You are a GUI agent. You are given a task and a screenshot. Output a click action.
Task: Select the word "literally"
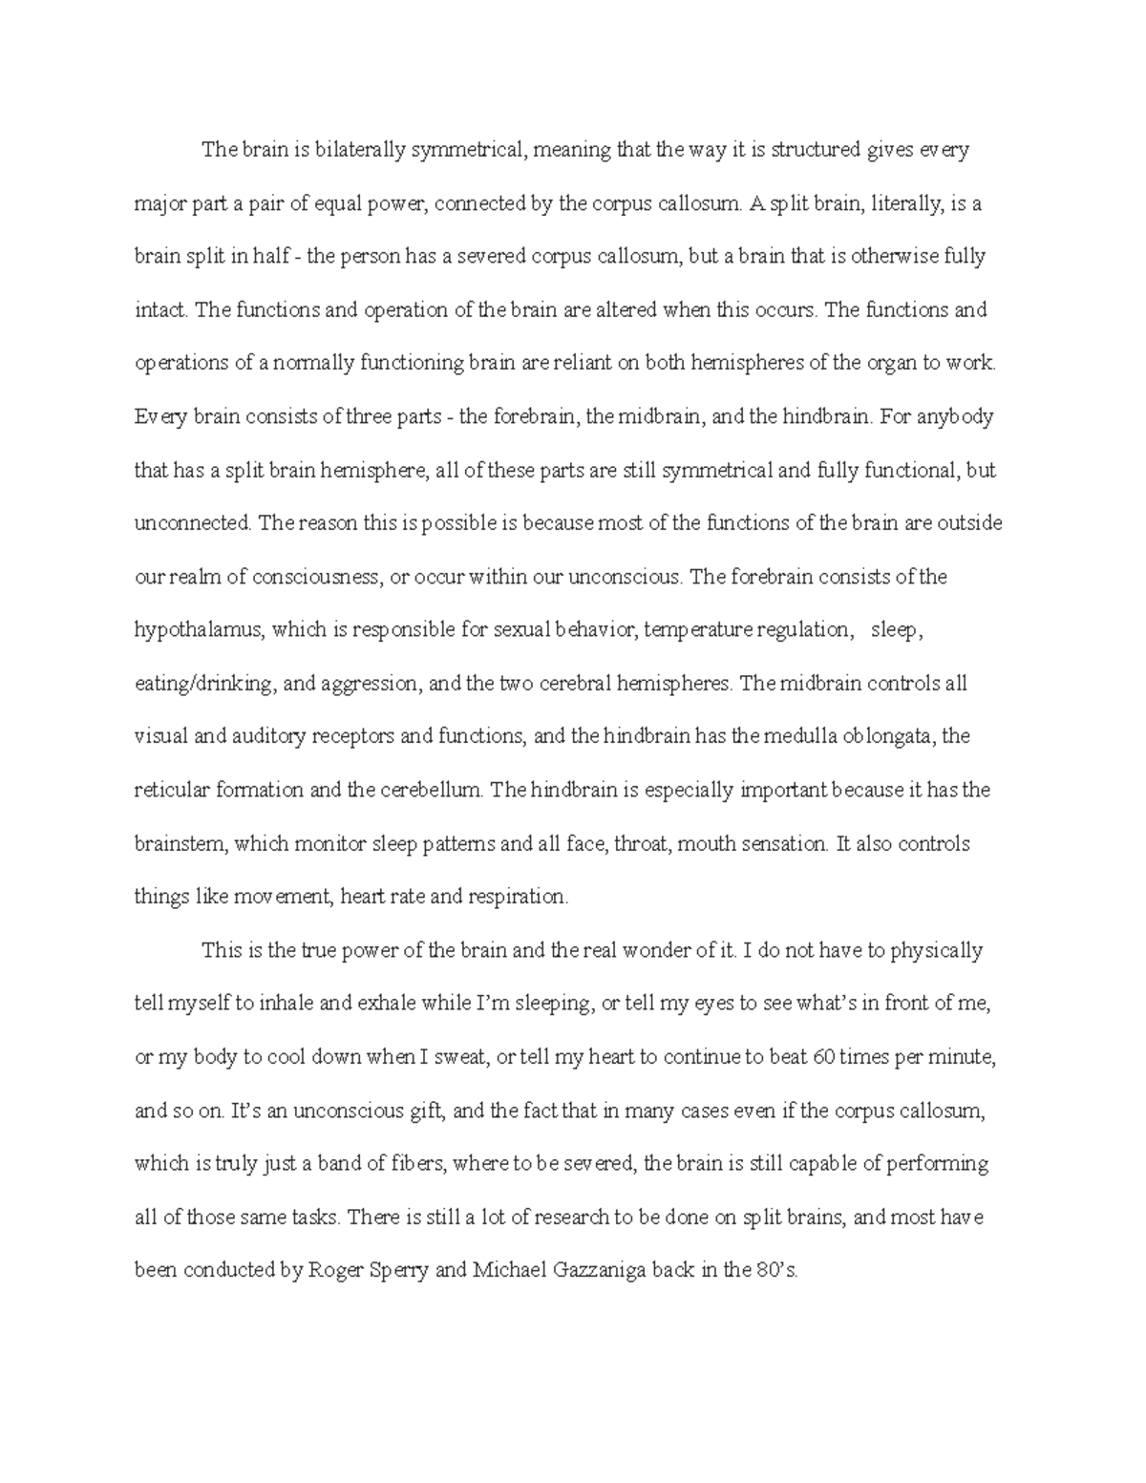pyautogui.click(x=859, y=202)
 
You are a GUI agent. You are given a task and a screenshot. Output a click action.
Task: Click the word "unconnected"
pyautogui.click(x=194, y=523)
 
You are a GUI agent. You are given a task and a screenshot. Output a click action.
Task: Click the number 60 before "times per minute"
pyautogui.click(x=820, y=1057)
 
